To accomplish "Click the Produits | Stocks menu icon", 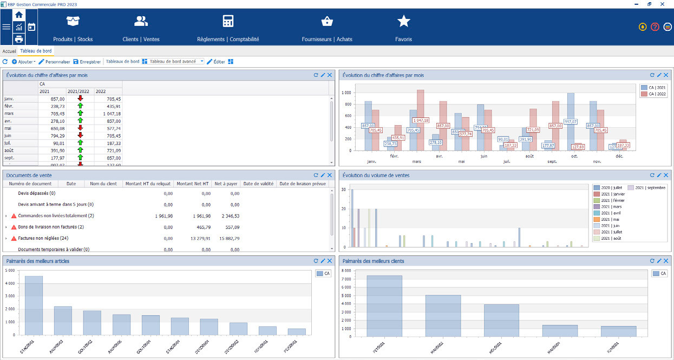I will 73,22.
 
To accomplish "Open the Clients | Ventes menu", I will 141,22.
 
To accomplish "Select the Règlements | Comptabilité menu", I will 228,22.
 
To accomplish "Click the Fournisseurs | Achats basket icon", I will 327,22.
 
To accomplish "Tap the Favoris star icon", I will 403,22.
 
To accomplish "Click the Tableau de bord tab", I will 36,51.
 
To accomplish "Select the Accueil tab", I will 10,51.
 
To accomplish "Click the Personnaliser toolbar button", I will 54,62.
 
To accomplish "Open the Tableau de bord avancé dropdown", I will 202,62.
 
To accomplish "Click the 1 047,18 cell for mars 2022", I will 110,114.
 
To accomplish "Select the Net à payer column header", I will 225,184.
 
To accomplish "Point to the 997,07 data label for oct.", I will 571,122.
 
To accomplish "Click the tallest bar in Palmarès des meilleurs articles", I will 34,306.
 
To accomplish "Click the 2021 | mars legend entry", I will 610,206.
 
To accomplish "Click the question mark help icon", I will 655,27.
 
